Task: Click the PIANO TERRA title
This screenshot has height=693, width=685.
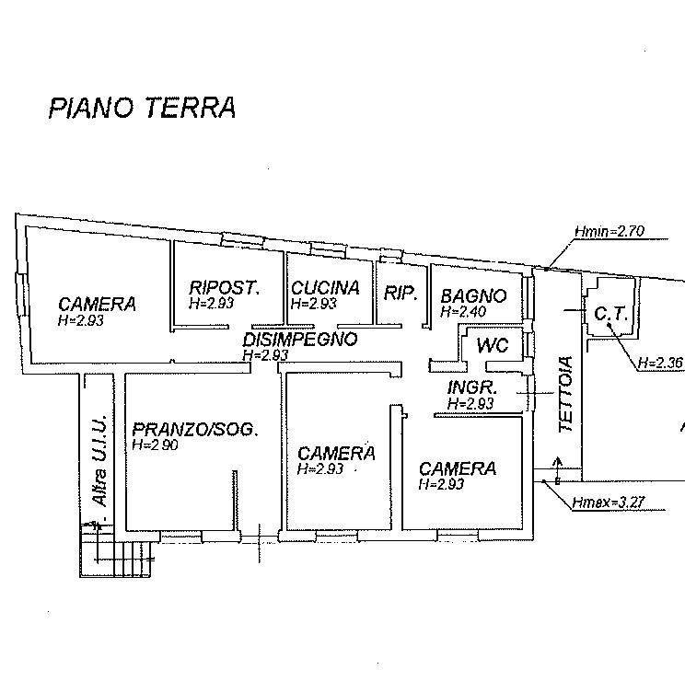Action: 142,108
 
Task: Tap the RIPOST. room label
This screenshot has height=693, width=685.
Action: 224,287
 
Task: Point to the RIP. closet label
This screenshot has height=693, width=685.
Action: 401,295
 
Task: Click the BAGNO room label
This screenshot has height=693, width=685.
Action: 473,296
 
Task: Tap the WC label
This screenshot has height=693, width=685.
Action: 491,347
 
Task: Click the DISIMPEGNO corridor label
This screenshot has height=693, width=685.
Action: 299,339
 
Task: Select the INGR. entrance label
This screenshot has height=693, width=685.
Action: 473,387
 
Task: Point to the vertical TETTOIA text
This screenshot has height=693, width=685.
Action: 566,394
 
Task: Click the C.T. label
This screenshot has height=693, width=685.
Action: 610,314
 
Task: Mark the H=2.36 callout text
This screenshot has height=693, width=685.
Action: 660,363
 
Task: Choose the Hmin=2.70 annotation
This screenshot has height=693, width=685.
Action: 608,232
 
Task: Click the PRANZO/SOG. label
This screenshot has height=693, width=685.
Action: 194,429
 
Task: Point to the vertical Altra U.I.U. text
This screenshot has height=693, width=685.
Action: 99,460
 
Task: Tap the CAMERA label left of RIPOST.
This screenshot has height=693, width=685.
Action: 97,304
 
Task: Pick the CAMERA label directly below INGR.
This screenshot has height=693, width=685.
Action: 457,468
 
